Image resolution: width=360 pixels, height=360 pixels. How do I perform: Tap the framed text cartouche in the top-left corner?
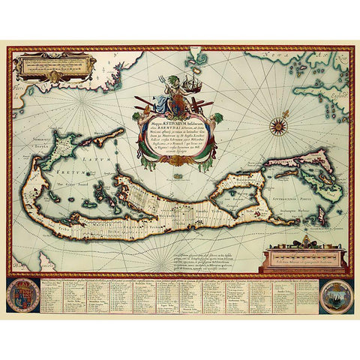tap(53, 71)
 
